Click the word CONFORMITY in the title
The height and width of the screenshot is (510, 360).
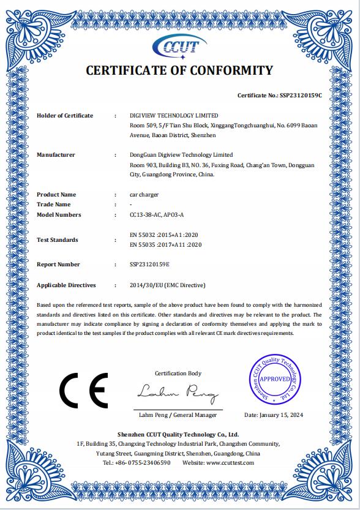pos(229,70)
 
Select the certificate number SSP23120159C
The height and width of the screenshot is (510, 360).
pos(300,96)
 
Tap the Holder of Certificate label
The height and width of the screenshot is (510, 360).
pos(65,116)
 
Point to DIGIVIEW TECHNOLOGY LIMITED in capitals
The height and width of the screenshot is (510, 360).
pos(174,116)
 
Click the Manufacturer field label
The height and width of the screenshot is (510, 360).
pos(56,155)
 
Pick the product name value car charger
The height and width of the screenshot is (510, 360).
pos(145,195)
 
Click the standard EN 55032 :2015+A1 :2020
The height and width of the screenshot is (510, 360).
pos(165,234)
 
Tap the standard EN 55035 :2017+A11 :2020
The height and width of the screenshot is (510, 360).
pos(167,245)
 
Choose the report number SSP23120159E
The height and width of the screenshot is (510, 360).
pos(150,264)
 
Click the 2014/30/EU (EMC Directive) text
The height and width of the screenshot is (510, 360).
pos(168,285)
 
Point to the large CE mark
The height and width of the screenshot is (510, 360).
pos(83,389)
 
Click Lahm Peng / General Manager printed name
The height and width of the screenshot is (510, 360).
pos(178,415)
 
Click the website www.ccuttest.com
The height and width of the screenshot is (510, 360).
pos(230,463)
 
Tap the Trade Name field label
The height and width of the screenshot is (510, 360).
pos(53,204)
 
